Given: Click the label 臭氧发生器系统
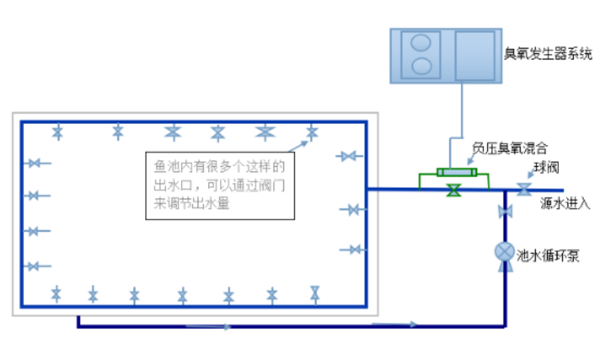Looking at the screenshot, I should point(548,54).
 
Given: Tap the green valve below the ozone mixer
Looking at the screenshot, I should point(453,191).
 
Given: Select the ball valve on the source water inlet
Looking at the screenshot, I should point(525,188).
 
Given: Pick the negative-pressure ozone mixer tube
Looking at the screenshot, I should point(453,172).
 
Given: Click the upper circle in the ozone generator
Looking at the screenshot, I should point(422,43).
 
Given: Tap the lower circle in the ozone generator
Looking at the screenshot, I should point(422,65).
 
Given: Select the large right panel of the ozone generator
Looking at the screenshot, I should point(475,54).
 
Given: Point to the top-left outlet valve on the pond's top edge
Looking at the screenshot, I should point(58,132).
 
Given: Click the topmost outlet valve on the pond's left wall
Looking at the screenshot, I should point(33,163).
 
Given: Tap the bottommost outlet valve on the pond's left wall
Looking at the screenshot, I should point(33,266).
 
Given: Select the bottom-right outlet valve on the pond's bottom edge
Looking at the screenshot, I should point(316,293).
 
